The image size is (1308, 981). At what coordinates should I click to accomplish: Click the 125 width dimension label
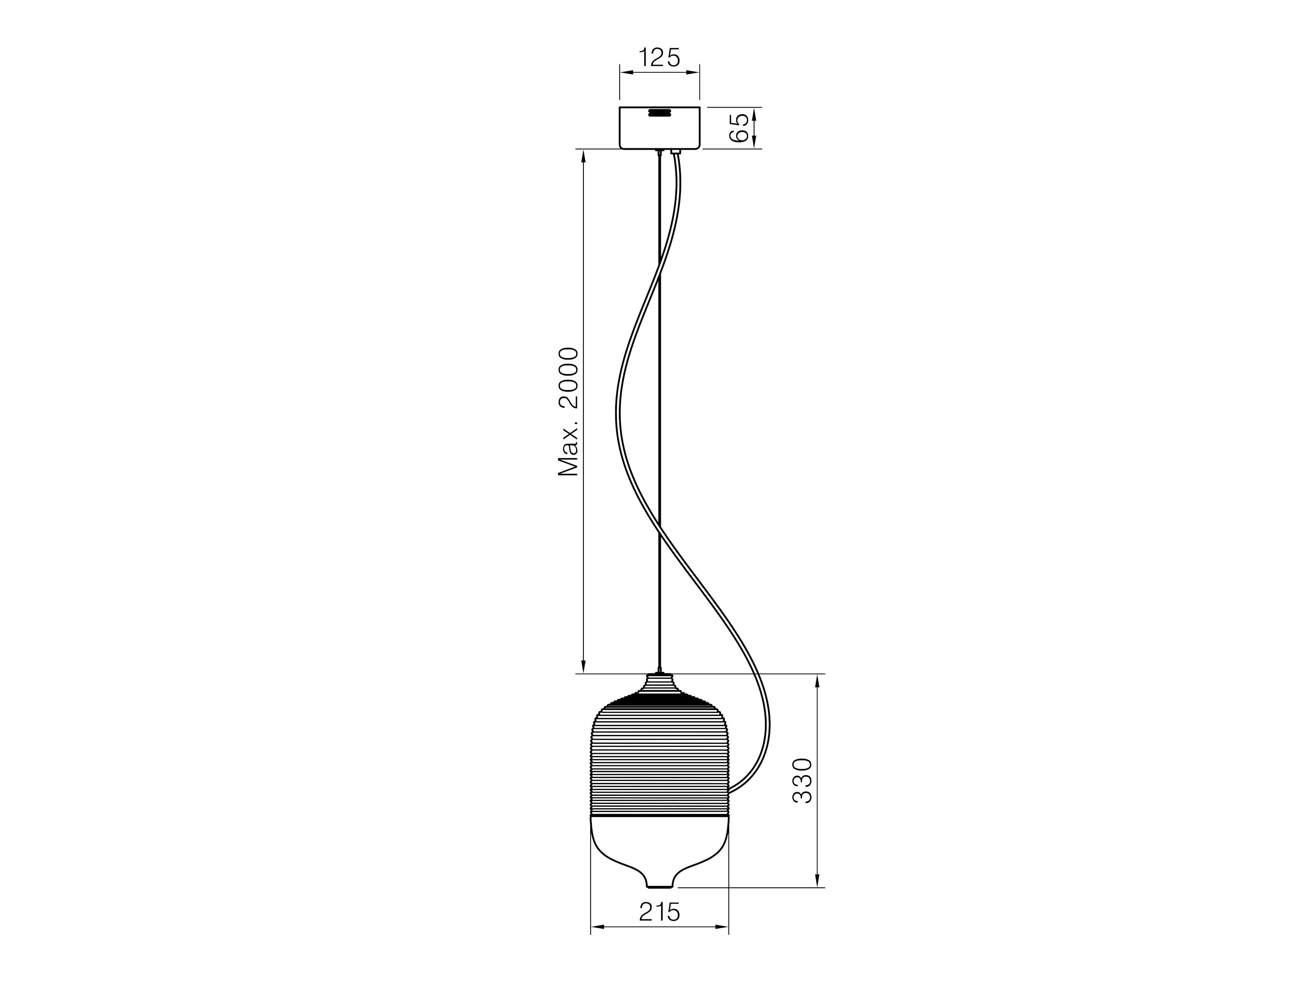[659, 58]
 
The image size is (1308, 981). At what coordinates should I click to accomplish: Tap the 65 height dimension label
[739, 128]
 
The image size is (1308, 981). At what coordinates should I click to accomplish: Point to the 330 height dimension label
[802, 780]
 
